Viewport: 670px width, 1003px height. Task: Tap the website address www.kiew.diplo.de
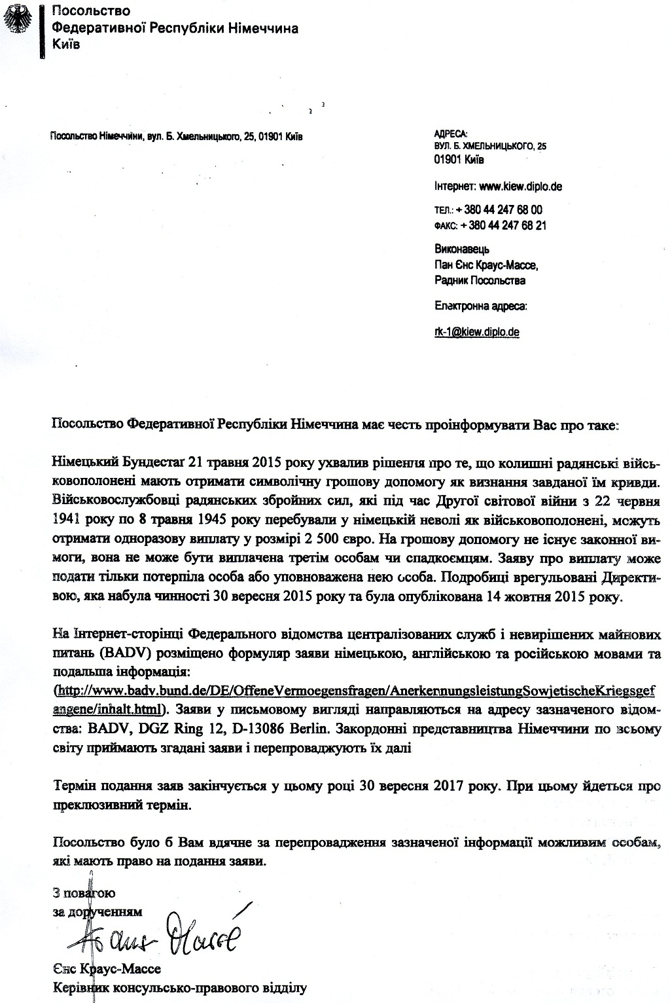521,186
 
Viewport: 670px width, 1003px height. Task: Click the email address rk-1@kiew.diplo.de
477,332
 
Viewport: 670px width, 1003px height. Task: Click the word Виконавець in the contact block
462,249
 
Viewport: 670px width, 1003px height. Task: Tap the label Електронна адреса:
481,305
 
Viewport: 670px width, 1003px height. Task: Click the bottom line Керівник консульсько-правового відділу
179,987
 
